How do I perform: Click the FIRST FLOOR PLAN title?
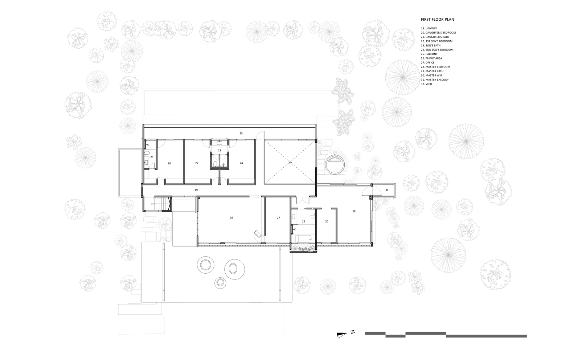(x=438, y=20)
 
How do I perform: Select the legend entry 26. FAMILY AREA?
(x=431, y=58)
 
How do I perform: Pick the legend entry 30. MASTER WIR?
(x=431, y=75)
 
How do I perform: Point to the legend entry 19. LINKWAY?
(x=429, y=28)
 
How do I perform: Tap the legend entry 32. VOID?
(x=426, y=84)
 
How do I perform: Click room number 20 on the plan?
(x=169, y=163)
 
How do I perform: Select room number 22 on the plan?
(x=197, y=163)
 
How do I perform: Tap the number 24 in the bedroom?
(x=241, y=163)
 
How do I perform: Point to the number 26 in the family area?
(x=231, y=218)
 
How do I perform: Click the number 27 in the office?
(x=278, y=218)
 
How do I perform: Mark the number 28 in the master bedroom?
(x=354, y=211)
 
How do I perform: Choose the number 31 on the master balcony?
(x=387, y=190)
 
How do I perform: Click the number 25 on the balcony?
(x=241, y=134)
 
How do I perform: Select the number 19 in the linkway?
(x=196, y=190)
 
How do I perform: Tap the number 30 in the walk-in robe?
(x=327, y=222)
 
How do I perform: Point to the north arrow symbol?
(x=342, y=335)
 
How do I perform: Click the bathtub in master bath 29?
(x=303, y=238)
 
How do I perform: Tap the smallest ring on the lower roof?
(x=220, y=283)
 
